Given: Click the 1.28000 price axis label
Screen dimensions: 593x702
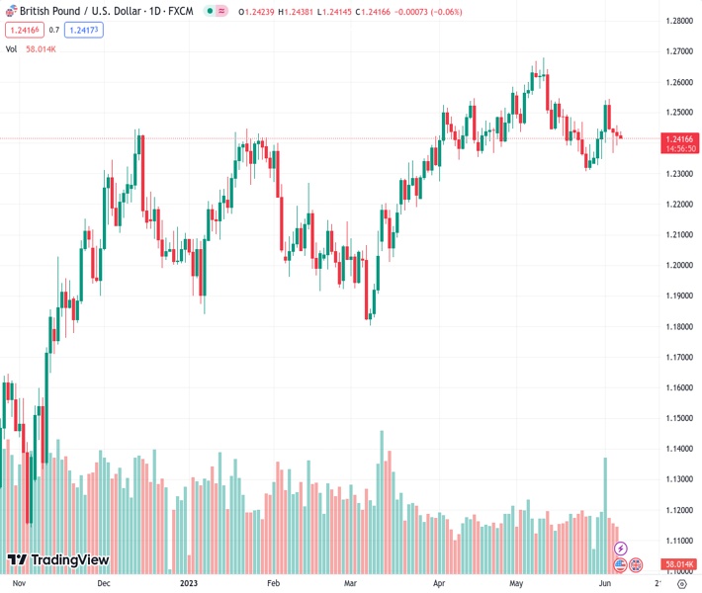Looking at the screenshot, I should tap(678, 21).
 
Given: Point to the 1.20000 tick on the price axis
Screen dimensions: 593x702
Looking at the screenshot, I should tap(678, 265).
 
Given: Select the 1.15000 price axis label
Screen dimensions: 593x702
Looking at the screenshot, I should tap(678, 418).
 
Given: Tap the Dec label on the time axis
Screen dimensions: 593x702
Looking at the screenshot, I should tap(104, 584).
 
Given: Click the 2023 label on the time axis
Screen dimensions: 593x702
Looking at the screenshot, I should tap(187, 584).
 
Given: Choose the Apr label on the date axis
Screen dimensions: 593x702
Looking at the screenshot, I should tap(439, 584).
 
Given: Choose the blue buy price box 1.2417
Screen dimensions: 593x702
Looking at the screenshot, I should tap(83, 30).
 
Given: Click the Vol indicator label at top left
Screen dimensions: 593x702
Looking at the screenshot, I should tap(11, 48).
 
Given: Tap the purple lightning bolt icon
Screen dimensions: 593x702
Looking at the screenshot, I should tap(620, 549).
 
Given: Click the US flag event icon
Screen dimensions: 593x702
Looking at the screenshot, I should tap(620, 564).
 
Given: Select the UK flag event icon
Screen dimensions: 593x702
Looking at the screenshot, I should tap(636, 564).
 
